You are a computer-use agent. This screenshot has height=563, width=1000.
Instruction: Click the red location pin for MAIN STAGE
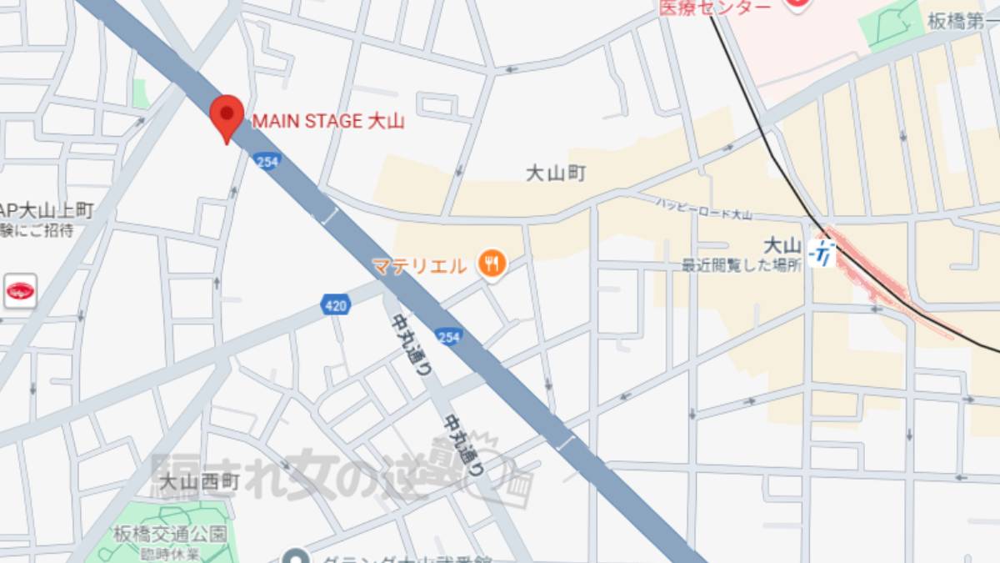coord(226,115)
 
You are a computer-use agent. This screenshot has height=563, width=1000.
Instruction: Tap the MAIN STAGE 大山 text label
coord(327,122)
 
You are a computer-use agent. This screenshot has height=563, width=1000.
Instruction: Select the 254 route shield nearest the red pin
coord(267,161)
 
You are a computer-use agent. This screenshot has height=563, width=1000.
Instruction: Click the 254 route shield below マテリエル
coord(447,336)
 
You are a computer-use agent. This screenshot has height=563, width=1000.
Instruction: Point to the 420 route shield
coord(335,306)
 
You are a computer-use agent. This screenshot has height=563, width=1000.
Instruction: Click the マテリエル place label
coord(419,267)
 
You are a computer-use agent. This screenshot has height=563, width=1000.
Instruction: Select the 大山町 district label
coord(556,173)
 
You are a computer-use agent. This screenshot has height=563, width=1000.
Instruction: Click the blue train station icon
coord(822,251)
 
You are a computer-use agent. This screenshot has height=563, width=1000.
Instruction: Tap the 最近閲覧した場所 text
coord(742,265)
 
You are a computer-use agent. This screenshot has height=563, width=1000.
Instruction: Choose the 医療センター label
coord(714,7)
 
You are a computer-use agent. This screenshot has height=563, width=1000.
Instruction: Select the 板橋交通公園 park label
coord(170,534)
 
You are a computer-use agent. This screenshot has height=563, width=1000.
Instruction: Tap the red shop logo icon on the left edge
coord(19,291)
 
